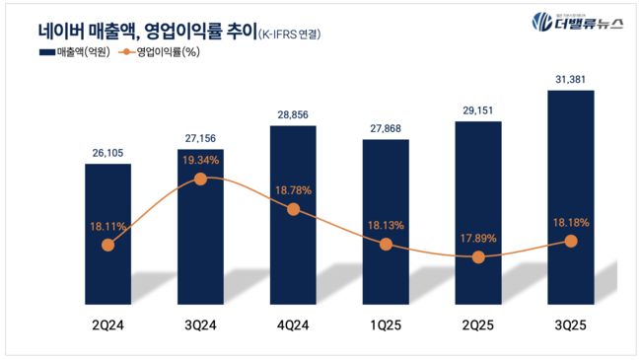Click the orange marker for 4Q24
point(293,209)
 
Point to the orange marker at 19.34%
point(200,179)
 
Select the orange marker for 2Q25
point(478,256)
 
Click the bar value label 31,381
point(571,79)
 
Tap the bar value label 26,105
point(107,152)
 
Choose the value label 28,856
point(293,115)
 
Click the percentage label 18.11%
point(107,226)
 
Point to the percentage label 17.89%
point(478,237)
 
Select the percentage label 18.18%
point(571,223)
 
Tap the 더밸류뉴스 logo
point(577,23)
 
